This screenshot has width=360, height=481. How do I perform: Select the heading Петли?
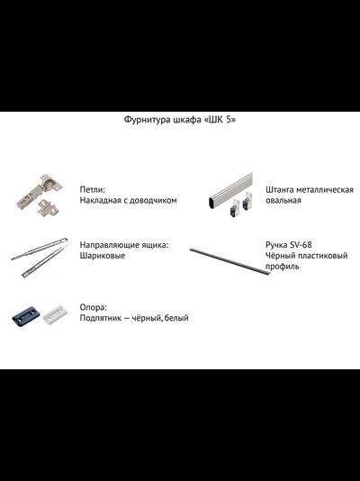93,190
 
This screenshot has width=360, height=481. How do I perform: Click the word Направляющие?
108,244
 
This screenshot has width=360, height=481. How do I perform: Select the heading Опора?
94,306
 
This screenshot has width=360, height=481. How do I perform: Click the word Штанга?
283,190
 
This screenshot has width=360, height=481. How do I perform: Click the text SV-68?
301,244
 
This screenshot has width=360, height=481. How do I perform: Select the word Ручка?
277,244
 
